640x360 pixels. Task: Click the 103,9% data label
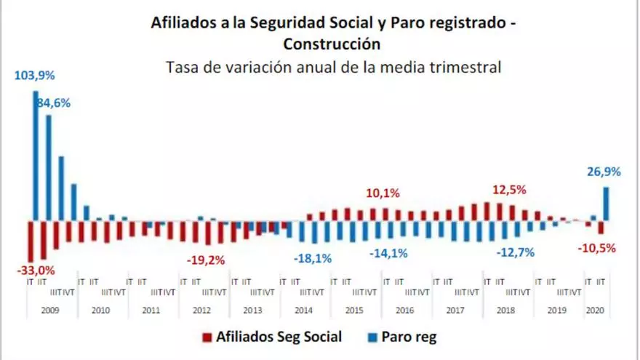(35, 76)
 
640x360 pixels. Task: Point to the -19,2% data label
(205, 260)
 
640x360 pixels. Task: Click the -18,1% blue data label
(313, 258)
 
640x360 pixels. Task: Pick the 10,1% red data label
(383, 194)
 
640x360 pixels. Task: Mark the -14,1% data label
(388, 253)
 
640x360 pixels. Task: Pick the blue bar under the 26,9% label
(606, 204)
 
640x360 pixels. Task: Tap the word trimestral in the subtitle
(464, 68)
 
